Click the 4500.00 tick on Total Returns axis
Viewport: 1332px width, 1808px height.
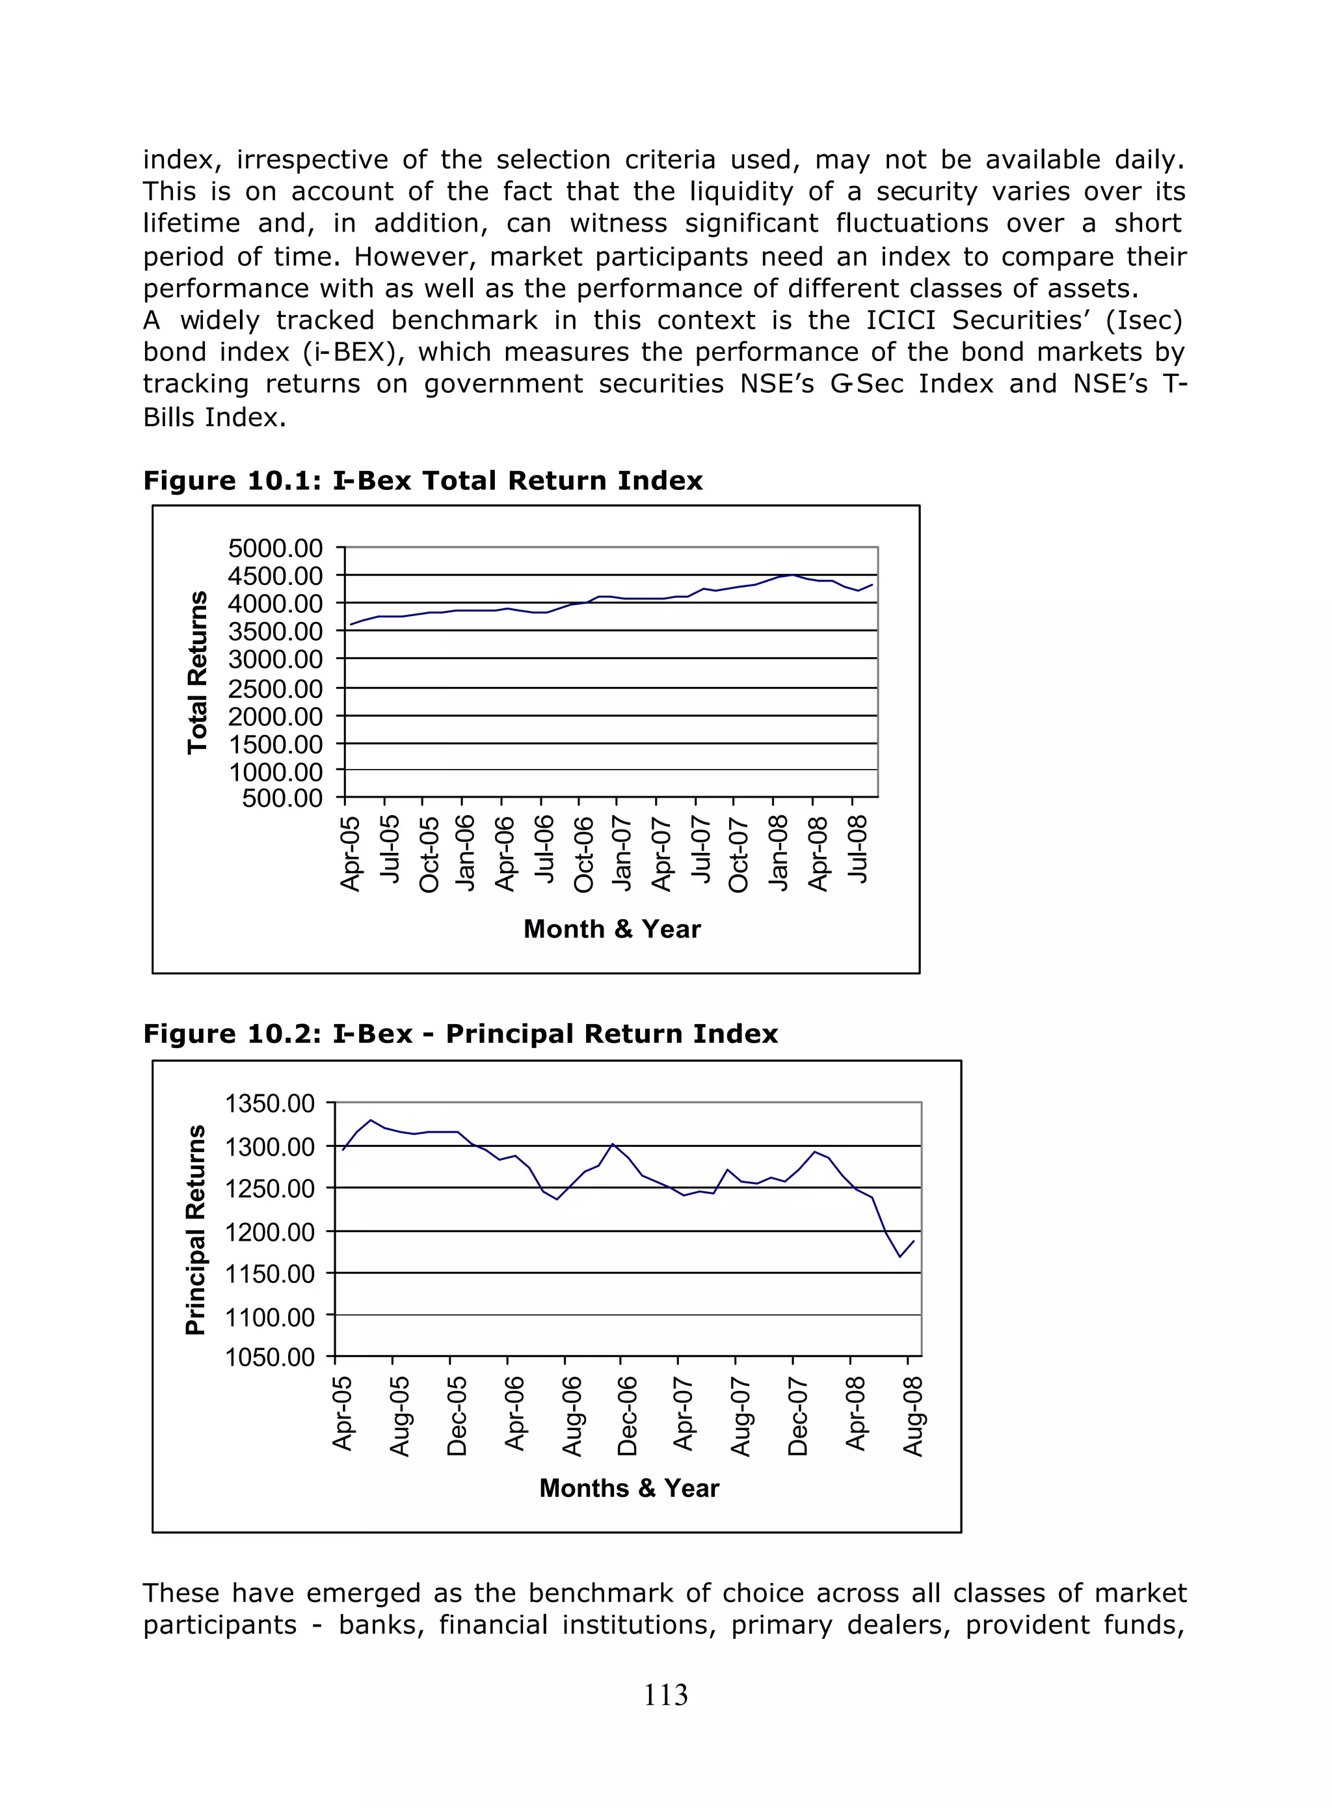click(x=275, y=576)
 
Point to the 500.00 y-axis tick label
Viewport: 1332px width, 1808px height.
click(x=282, y=798)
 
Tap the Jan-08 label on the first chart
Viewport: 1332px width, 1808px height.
click(x=778, y=853)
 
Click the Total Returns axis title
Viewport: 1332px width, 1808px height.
click(x=196, y=673)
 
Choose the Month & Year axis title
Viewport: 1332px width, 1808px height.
click(x=612, y=929)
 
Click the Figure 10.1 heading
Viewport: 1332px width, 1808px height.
click(x=423, y=481)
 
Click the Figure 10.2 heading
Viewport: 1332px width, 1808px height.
click(x=460, y=1034)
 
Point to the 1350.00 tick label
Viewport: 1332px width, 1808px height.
click(x=269, y=1103)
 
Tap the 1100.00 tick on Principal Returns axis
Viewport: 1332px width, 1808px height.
click(x=269, y=1317)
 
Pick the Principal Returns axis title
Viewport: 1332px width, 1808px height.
click(x=195, y=1230)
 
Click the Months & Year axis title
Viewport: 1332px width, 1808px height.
click(x=629, y=1488)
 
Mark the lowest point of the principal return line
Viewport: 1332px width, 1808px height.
click(x=900, y=1256)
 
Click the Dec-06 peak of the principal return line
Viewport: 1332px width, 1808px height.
click(x=613, y=1144)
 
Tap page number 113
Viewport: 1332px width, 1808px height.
click(x=665, y=1695)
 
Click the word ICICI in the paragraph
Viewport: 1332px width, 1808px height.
click(x=901, y=320)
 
